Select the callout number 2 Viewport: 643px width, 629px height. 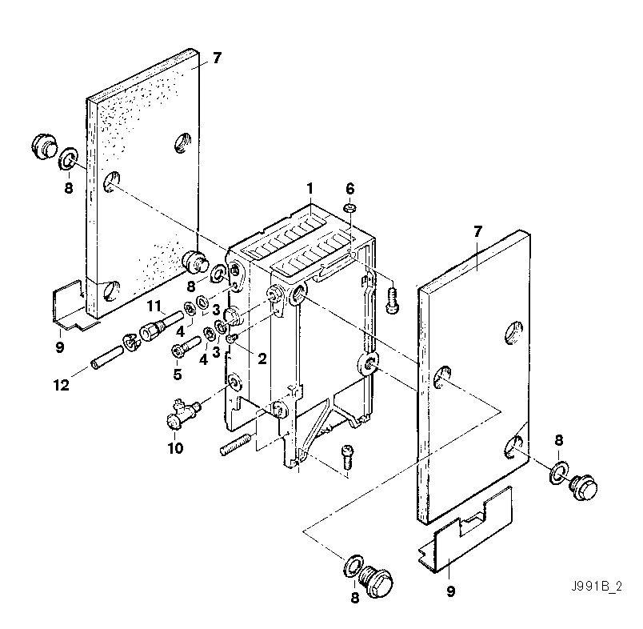(x=262, y=359)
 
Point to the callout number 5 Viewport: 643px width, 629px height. (x=178, y=374)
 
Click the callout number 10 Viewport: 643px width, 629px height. (x=175, y=448)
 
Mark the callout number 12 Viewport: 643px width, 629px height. (x=62, y=385)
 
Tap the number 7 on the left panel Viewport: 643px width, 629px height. (x=216, y=58)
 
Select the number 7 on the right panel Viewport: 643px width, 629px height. (x=477, y=231)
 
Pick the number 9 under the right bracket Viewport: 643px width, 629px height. (x=450, y=592)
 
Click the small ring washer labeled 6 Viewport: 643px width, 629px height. (x=349, y=208)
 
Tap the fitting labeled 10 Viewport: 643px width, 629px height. (x=180, y=415)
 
